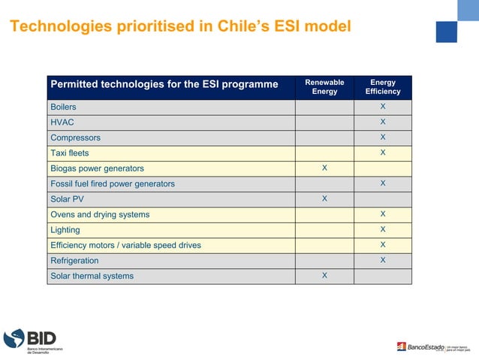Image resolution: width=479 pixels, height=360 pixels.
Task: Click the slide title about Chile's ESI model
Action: pyautogui.click(x=179, y=26)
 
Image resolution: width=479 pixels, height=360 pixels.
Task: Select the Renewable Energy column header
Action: pyautogui.click(x=324, y=86)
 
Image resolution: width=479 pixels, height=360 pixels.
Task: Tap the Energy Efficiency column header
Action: pyautogui.click(x=383, y=86)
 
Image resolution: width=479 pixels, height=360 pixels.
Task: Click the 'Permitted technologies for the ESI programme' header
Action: pyautogui.click(x=164, y=84)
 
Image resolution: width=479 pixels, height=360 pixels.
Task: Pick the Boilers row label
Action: pyautogui.click(x=63, y=107)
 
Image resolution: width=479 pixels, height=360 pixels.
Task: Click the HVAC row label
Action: pyautogui.click(x=62, y=123)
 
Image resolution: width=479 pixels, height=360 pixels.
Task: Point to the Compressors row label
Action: pyautogui.click(x=75, y=138)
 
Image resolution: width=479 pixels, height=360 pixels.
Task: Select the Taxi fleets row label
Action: pyautogui.click(x=69, y=153)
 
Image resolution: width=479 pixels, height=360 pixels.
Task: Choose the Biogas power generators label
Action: pyautogui.click(x=97, y=168)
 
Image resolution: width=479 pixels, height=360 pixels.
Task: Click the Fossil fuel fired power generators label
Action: pyautogui.click(x=112, y=183)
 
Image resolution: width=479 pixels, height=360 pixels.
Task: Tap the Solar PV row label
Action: pyautogui.click(x=67, y=199)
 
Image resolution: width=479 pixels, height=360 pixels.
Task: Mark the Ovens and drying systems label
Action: pyautogui.click(x=100, y=214)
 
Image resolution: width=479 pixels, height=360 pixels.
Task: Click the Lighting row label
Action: pyautogui.click(x=65, y=230)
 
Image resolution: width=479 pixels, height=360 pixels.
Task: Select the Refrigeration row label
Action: pyautogui.click(x=74, y=261)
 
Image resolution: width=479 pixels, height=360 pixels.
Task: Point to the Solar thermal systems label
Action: pyautogui.click(x=92, y=276)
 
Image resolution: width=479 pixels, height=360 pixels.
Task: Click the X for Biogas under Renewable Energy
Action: pyautogui.click(x=324, y=168)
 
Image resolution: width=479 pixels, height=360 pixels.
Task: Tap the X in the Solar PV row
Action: pyautogui.click(x=324, y=198)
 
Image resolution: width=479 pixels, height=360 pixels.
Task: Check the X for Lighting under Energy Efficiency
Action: pyautogui.click(x=383, y=229)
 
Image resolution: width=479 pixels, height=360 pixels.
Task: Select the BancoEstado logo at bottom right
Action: pyautogui.click(x=435, y=346)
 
